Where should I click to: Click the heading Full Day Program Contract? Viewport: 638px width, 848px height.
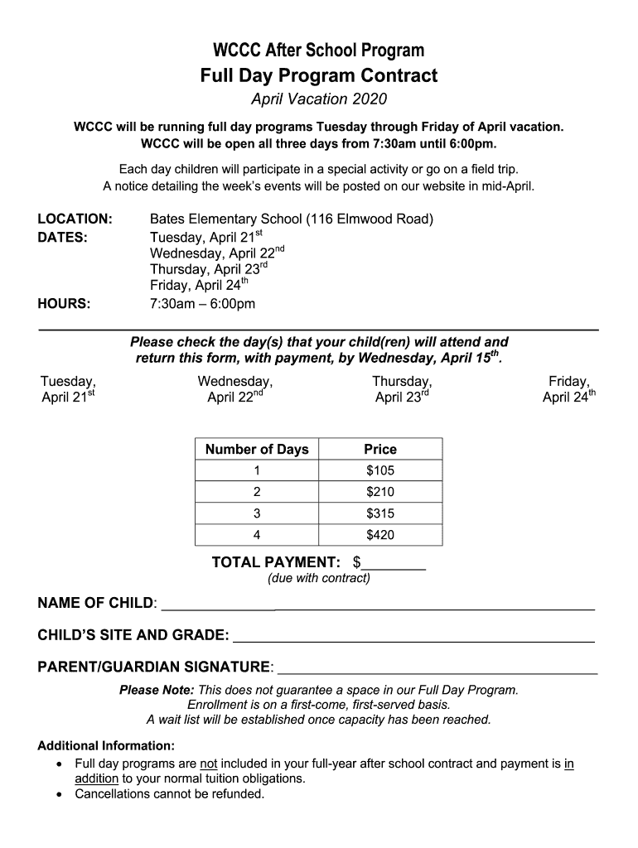tap(319, 76)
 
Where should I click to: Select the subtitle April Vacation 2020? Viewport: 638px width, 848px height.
tap(319, 100)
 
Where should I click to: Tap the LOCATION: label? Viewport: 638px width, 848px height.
tap(75, 219)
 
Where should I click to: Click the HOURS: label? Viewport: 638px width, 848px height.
tap(64, 303)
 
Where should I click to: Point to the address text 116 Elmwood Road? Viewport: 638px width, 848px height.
tap(370, 219)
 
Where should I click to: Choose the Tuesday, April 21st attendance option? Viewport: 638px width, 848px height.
tap(68, 389)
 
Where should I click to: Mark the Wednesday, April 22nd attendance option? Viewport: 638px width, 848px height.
tap(235, 389)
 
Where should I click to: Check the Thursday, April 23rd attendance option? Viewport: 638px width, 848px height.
tap(402, 389)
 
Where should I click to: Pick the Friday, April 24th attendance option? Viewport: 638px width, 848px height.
tap(568, 389)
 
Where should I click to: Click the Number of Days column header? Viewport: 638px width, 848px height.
tap(257, 450)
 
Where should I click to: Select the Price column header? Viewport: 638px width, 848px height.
tap(380, 450)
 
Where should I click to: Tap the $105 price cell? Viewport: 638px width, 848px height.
tap(380, 471)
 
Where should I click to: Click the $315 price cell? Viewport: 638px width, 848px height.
tap(380, 513)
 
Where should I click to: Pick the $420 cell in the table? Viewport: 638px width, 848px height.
tap(380, 535)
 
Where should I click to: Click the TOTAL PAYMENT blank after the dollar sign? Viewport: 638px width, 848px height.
tap(394, 564)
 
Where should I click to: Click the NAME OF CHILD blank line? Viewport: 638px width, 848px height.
tap(378, 605)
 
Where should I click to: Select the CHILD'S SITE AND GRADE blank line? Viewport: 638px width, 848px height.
tap(413, 636)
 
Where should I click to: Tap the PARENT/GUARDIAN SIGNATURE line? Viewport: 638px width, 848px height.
tap(436, 668)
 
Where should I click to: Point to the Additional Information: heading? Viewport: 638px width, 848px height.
tap(106, 745)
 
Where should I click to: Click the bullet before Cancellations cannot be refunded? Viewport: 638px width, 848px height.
tap(59, 795)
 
